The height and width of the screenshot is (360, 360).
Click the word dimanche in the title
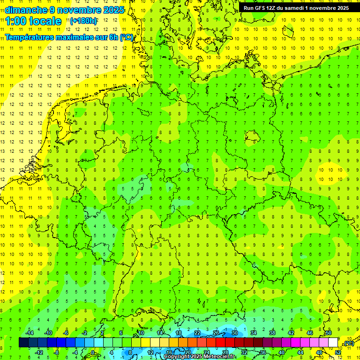[x=24, y=10]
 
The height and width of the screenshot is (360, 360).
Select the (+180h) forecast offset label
[x=83, y=21]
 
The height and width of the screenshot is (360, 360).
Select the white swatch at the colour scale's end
[x=333, y=343]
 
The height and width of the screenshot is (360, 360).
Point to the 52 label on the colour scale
[x=338, y=352]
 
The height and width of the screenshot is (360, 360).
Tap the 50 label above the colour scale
[x=329, y=333]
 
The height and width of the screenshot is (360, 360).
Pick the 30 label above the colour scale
[x=234, y=333]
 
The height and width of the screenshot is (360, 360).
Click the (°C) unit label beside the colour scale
[x=348, y=343]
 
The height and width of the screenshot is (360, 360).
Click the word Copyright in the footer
[x=177, y=357]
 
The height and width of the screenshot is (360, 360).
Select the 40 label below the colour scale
[x=282, y=352]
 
